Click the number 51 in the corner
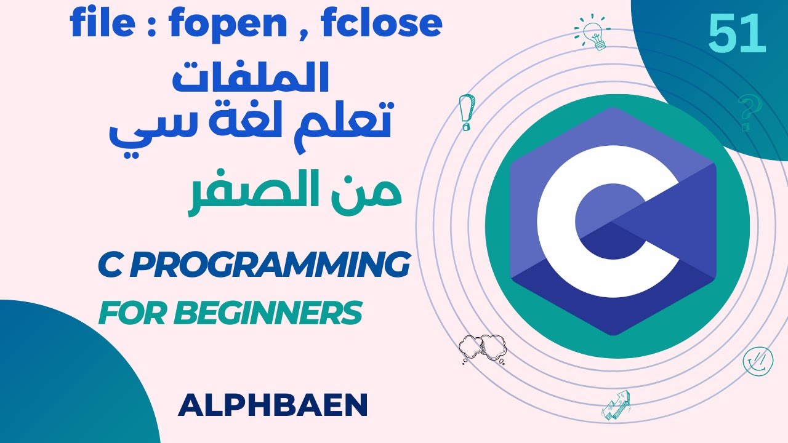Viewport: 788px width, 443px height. tap(736, 35)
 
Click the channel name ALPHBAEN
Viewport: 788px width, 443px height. tap(272, 405)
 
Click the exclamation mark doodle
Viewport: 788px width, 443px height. tap(464, 113)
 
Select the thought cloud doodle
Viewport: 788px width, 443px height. tap(483, 348)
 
